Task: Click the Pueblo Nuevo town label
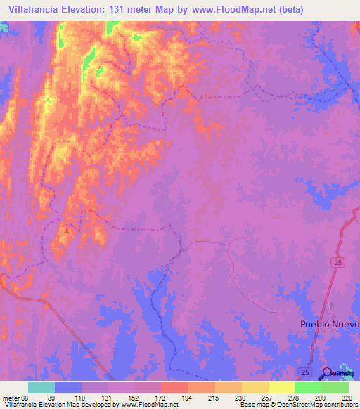click(329, 324)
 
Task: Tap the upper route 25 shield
click(338, 261)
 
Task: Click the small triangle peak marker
click(67, 230)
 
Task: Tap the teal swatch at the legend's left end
click(41, 387)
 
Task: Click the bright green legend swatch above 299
click(309, 387)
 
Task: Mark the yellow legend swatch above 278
click(282, 387)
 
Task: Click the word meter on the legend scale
click(11, 398)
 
